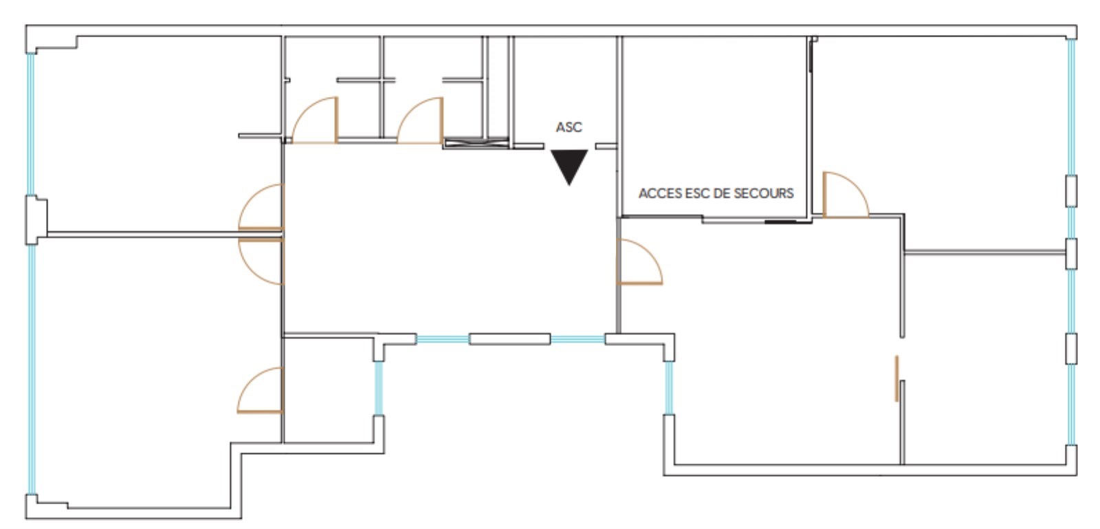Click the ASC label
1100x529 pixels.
point(569,127)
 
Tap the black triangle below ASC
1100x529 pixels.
point(569,165)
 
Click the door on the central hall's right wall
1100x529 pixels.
point(639,262)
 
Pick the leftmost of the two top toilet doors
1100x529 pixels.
point(314,120)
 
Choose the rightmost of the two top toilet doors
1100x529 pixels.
point(420,120)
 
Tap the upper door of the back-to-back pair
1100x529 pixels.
point(261,207)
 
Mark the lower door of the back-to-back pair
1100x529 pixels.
point(261,261)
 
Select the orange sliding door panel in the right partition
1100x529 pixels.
point(896,378)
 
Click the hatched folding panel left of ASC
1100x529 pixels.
point(476,143)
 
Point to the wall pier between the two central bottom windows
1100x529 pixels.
point(509,339)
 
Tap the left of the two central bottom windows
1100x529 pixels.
point(443,339)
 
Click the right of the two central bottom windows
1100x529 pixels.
point(577,339)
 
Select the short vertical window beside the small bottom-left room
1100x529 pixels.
point(379,388)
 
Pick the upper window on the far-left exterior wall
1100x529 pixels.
point(31,125)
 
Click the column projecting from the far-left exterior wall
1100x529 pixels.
point(36,220)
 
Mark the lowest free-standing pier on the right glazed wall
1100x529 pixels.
point(1072,349)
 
